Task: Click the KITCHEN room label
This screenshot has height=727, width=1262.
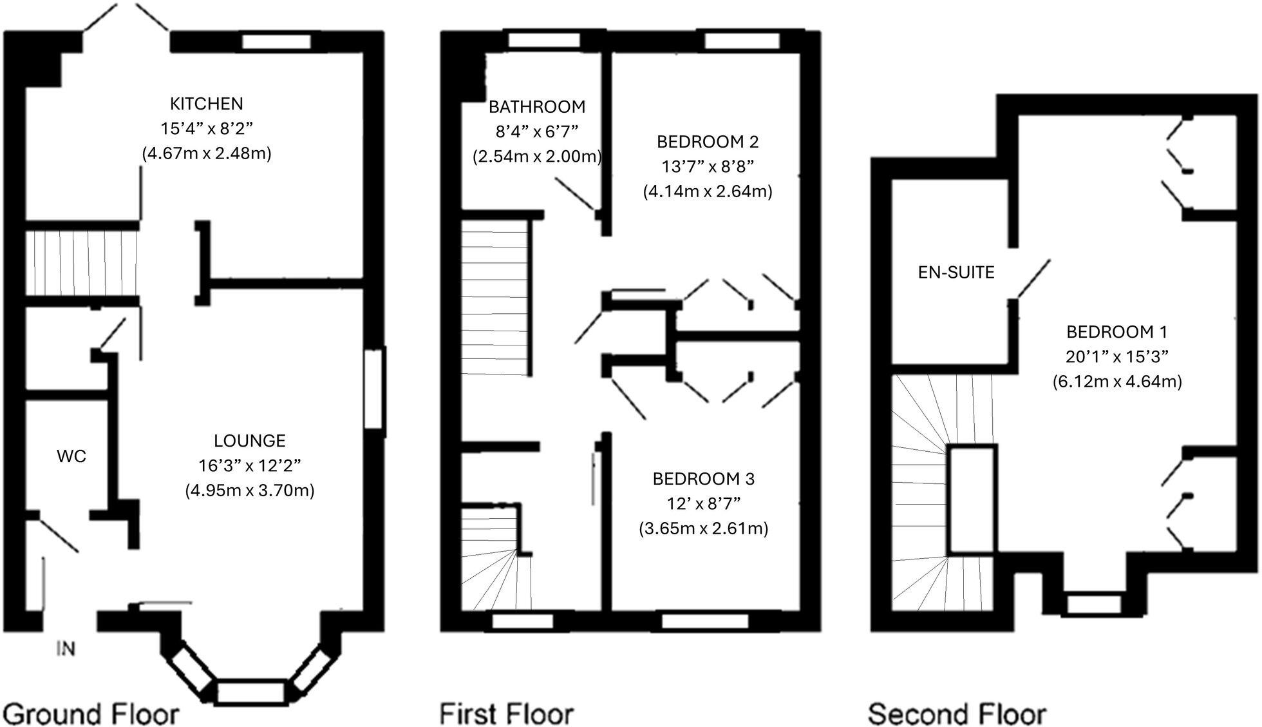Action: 206,104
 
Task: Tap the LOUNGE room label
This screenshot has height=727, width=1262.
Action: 249,441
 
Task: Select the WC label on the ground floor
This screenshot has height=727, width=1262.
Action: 71,456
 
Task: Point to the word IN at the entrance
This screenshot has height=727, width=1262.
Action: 66,648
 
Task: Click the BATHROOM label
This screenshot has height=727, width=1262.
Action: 536,106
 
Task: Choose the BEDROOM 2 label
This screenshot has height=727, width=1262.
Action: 707,141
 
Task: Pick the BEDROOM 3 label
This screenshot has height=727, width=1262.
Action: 703,479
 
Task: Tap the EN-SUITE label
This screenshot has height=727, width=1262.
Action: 956,272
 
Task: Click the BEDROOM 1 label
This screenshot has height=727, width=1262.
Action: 1116,332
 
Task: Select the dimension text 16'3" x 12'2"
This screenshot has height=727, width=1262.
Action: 250,465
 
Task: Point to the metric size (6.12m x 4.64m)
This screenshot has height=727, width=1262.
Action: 1116,382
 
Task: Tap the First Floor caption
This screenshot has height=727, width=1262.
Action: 506,714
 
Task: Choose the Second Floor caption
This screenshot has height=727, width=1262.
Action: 956,714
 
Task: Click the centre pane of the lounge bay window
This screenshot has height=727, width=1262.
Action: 250,692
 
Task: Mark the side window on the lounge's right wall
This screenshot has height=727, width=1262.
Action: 374,389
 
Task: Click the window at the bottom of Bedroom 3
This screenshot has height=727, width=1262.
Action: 704,621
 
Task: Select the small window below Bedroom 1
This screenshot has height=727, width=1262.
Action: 1093,605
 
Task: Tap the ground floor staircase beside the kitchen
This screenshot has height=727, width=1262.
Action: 82,263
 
